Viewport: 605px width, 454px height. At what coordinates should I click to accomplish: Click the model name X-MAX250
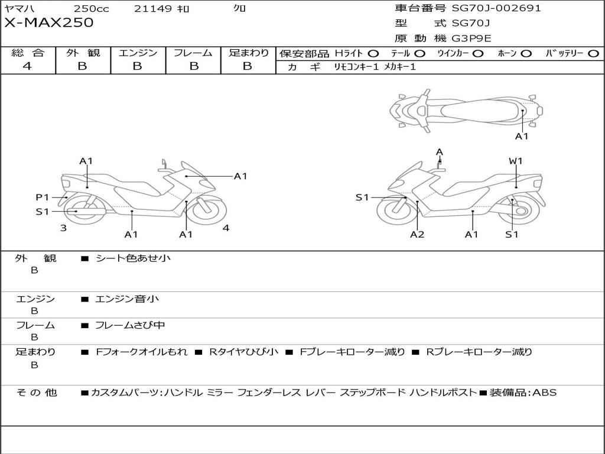point(48,23)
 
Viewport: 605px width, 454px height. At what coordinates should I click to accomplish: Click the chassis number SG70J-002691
point(496,8)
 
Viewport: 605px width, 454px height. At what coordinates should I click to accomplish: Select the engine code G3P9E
point(471,38)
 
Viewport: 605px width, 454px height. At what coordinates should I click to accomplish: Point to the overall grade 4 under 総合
point(27,66)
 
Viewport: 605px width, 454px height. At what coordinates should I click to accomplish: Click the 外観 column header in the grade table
point(83,53)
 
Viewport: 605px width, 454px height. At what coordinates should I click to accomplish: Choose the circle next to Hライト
point(373,54)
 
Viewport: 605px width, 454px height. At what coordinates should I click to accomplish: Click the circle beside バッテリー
point(593,54)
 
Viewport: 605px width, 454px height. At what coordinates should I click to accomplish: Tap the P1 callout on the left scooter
point(42,197)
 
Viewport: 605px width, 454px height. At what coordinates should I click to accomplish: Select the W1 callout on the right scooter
point(515,161)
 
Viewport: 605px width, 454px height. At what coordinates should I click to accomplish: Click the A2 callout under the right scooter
point(417,234)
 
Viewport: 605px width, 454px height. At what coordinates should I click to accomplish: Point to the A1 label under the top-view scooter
point(522,137)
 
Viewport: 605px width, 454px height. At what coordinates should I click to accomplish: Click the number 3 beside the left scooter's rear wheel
point(63,228)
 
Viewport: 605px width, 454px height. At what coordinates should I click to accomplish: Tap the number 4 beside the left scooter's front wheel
point(226,228)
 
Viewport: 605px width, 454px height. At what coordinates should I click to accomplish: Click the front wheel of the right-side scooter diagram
point(397,209)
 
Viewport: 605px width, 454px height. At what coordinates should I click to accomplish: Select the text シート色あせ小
point(133,258)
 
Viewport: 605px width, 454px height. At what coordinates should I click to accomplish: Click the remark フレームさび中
point(129,325)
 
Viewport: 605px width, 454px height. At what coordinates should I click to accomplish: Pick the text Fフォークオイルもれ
point(141,352)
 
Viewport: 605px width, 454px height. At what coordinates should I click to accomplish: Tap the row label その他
point(36,393)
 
